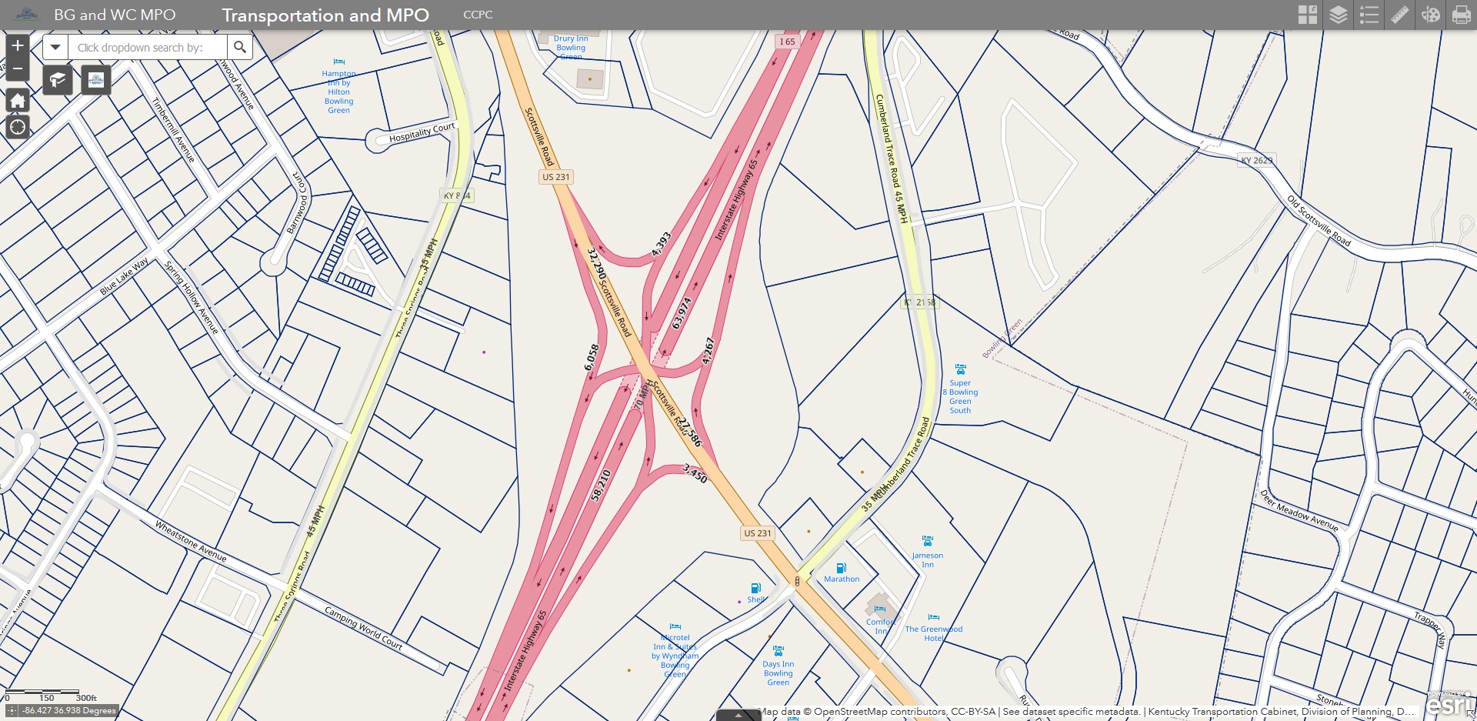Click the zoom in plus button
pyautogui.click(x=18, y=45)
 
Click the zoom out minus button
pyautogui.click(x=18, y=69)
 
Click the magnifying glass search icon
pyautogui.click(x=240, y=48)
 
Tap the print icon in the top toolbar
pyautogui.click(x=1461, y=15)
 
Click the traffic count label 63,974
pyautogui.click(x=682, y=313)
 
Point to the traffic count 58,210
pyautogui.click(x=601, y=485)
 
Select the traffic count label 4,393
pyautogui.click(x=661, y=244)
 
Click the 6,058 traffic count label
pyautogui.click(x=591, y=357)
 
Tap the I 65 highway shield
pyautogui.click(x=787, y=42)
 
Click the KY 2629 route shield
pyautogui.click(x=1256, y=160)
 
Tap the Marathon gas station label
pyautogui.click(x=842, y=579)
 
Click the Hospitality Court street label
pyautogui.click(x=422, y=132)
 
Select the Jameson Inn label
pyautogui.click(x=928, y=559)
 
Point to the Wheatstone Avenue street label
pyautogui.click(x=191, y=541)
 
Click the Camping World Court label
pyautogui.click(x=363, y=627)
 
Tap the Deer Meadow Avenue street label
pyautogui.click(x=1299, y=511)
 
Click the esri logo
pyautogui.click(x=1449, y=705)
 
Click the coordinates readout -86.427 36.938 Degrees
pyautogui.click(x=68, y=710)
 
